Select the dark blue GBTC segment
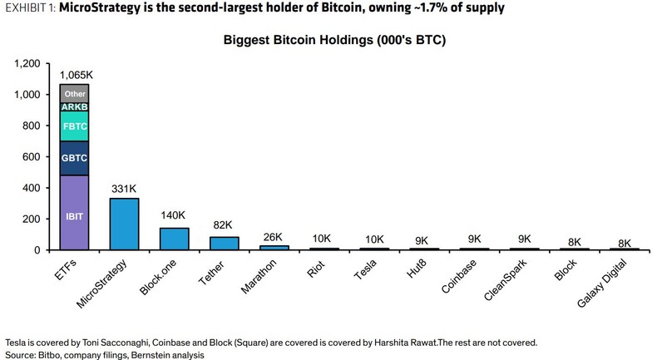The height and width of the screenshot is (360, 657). coord(75,158)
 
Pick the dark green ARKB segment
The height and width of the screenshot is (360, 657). coord(75,108)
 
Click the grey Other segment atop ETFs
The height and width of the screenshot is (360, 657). coord(75,94)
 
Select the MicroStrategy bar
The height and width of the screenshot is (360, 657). coord(125,224)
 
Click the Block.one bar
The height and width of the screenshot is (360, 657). coord(175,239)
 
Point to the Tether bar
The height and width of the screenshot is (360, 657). coord(225,243)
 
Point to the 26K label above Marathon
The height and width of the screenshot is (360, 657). coord(274,237)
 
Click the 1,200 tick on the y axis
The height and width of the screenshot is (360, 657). coord(27,64)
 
